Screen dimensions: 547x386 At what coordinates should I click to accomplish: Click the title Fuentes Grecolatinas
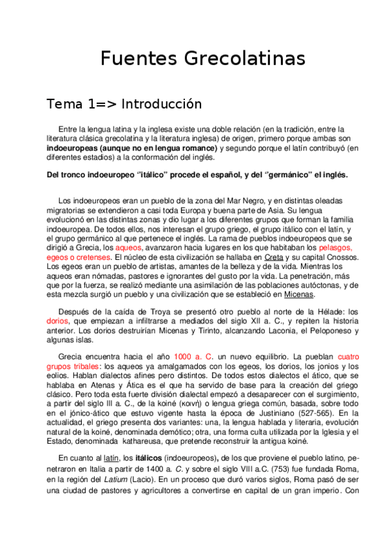coord(202,59)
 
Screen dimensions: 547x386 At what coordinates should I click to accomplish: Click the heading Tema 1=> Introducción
coord(124,104)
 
